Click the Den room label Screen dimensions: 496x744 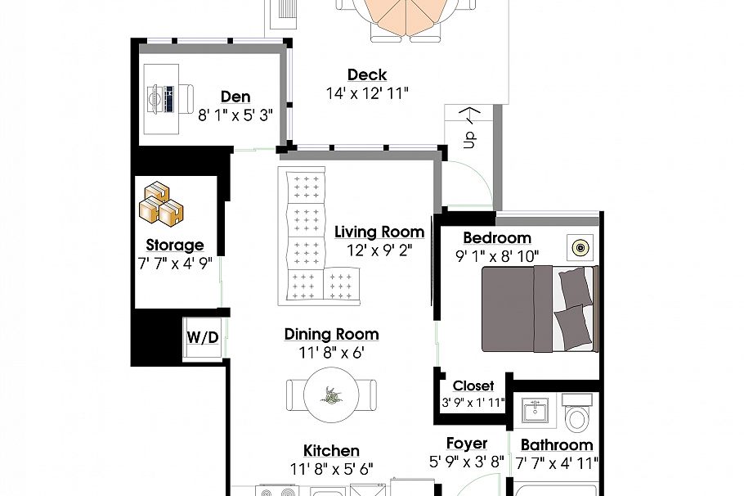click(235, 97)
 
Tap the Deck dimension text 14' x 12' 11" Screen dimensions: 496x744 click(366, 93)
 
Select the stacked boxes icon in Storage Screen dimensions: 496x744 click(160, 205)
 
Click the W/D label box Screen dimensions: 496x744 click(203, 337)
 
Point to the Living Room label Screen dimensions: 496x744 click(379, 232)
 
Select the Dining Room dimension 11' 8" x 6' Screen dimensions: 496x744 click(331, 353)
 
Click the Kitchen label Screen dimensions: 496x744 click(331, 451)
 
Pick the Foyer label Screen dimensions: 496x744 click(467, 444)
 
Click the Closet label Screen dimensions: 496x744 click(473, 386)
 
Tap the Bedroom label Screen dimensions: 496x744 click(497, 238)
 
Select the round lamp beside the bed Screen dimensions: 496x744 click(580, 247)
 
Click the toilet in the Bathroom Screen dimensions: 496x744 click(576, 414)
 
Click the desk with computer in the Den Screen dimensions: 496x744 click(164, 100)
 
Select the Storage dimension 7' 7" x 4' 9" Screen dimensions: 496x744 click(174, 264)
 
